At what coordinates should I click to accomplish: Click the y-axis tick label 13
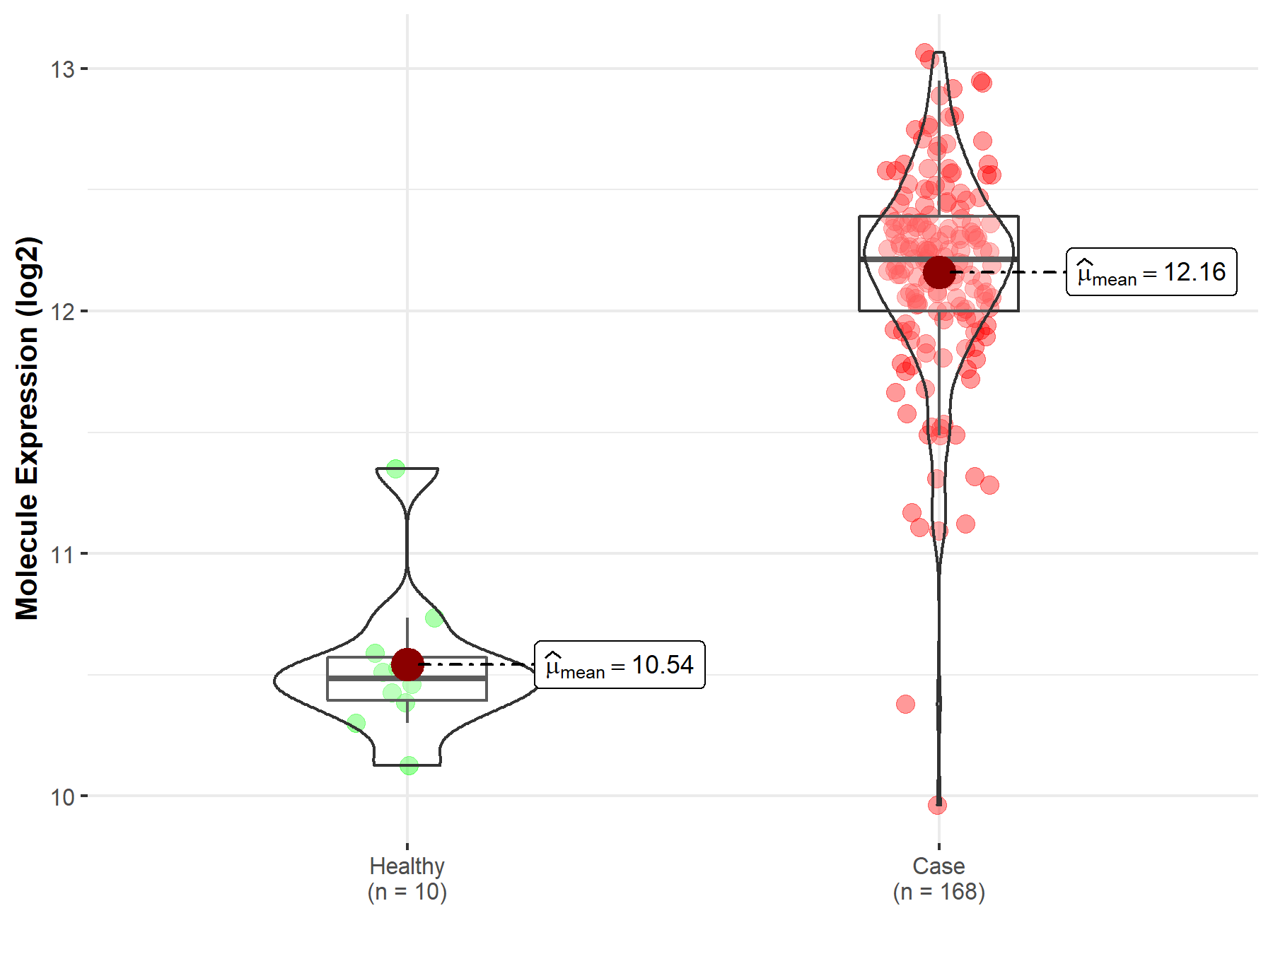pyautogui.click(x=62, y=69)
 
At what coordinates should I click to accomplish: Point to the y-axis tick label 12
pyautogui.click(x=62, y=312)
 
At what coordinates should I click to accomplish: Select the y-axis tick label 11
pyautogui.click(x=62, y=555)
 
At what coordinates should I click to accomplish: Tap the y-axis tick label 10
pyautogui.click(x=62, y=797)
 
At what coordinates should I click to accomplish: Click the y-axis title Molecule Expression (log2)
pyautogui.click(x=27, y=428)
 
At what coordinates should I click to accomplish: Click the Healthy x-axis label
pyautogui.click(x=407, y=866)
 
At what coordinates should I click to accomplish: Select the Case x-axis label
pyautogui.click(x=938, y=866)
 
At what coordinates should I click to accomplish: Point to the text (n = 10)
pyautogui.click(x=407, y=892)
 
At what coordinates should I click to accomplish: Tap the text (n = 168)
pyautogui.click(x=938, y=892)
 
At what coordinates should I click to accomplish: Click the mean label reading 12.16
pyautogui.click(x=1151, y=272)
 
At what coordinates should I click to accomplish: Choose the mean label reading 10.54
pyautogui.click(x=620, y=665)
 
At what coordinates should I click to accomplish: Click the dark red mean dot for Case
pyautogui.click(x=938, y=272)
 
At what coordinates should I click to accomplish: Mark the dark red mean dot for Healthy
pyautogui.click(x=407, y=664)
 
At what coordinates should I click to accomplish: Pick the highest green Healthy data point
pyautogui.click(x=395, y=469)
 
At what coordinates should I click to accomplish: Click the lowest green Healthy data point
pyautogui.click(x=409, y=765)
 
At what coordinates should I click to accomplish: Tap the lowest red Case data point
pyautogui.click(x=937, y=805)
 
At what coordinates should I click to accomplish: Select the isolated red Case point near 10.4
pyautogui.click(x=905, y=704)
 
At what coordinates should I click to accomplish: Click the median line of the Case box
pyautogui.click(x=891, y=259)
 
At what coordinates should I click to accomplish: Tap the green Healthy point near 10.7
pyautogui.click(x=434, y=618)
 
